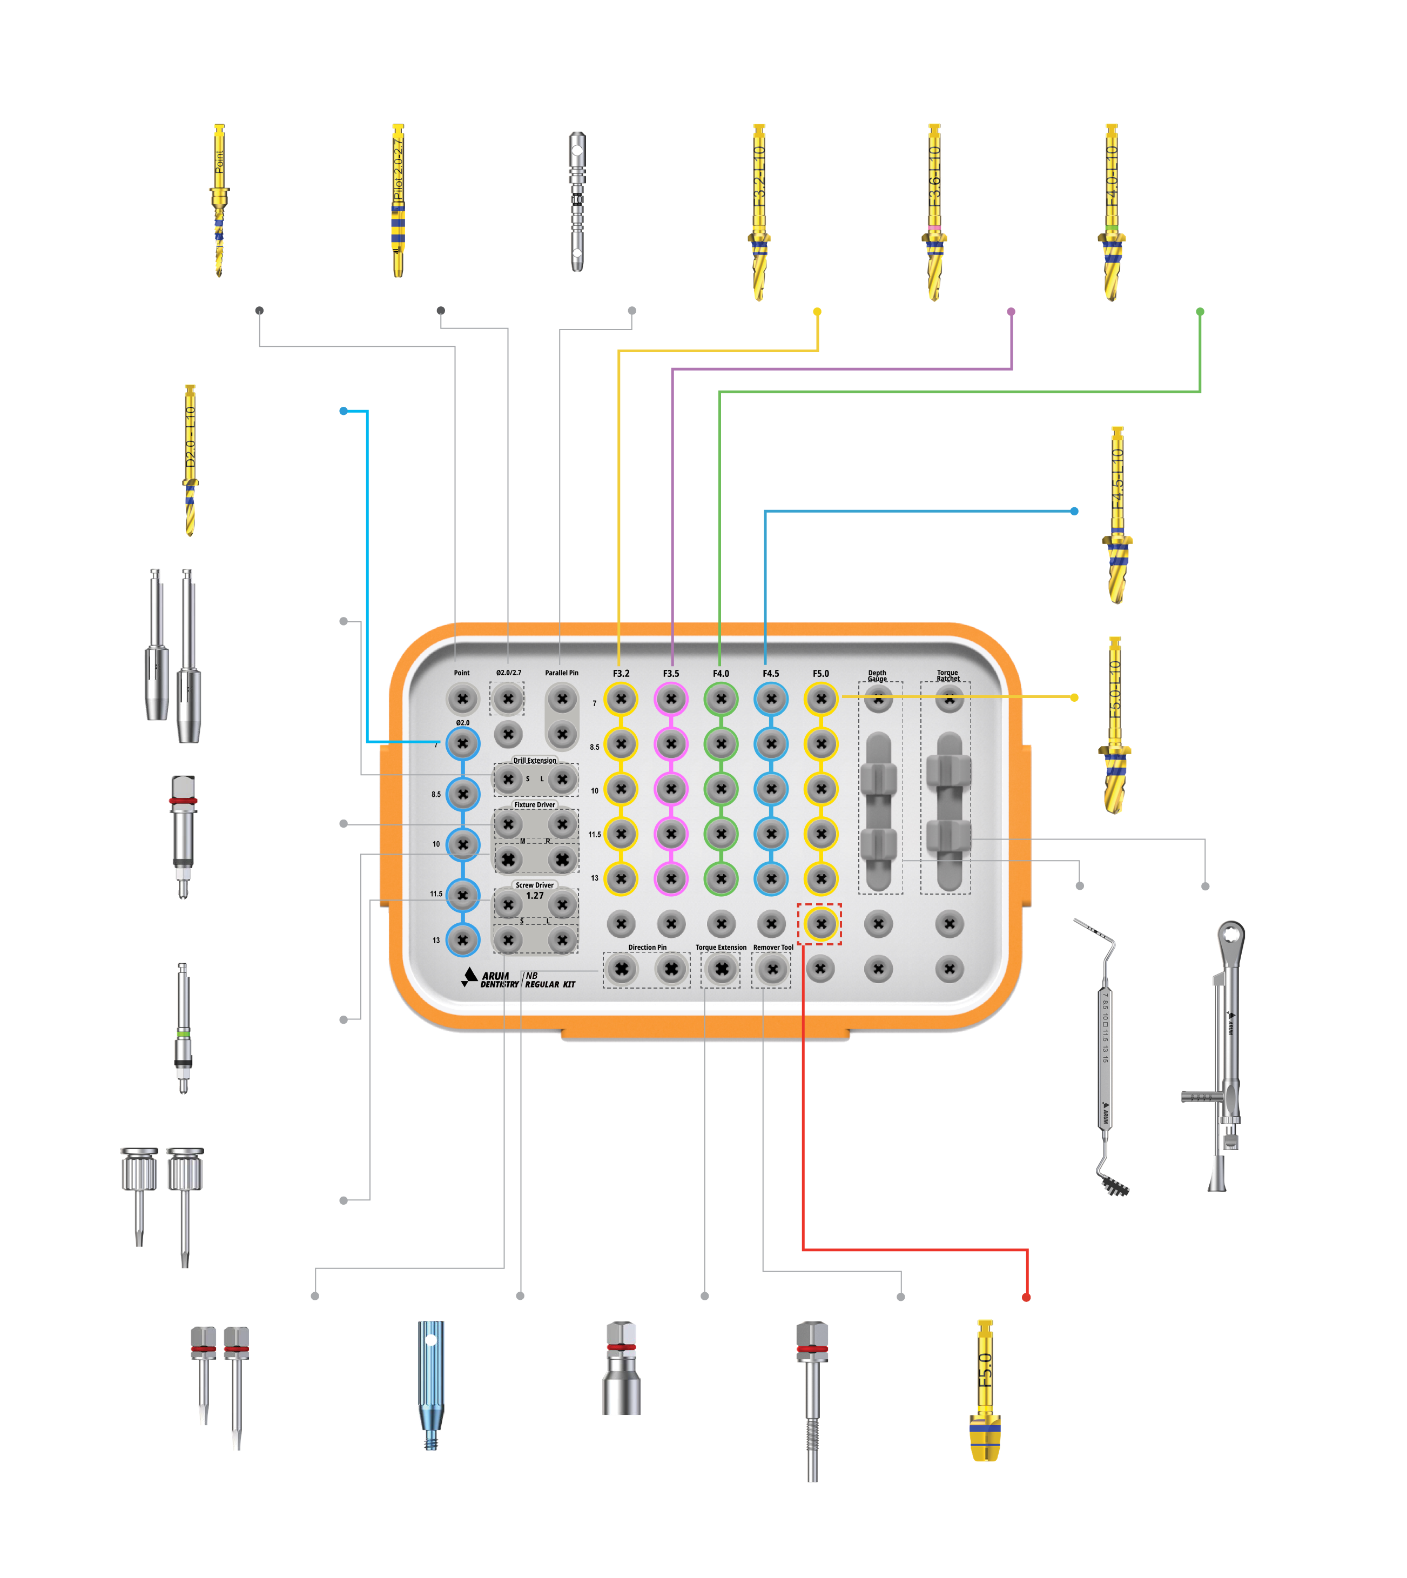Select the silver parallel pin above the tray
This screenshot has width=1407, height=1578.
click(577, 201)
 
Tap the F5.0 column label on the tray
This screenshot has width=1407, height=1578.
click(820, 674)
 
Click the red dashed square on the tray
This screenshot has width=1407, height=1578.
click(820, 923)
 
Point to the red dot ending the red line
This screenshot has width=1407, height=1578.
click(1026, 1297)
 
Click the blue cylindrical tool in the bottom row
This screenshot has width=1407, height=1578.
click(430, 1384)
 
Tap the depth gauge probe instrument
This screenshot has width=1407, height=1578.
click(1106, 1059)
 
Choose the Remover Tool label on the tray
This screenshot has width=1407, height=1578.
click(773, 947)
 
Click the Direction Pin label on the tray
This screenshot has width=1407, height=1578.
click(647, 947)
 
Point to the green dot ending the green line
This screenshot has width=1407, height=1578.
click(1200, 312)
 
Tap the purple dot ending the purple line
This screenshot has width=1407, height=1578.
click(1011, 312)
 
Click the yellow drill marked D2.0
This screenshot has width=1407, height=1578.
click(190, 460)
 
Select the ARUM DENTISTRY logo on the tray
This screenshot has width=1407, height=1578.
click(491, 979)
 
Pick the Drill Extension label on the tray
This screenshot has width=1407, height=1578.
click(534, 760)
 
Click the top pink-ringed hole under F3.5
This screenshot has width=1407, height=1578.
click(671, 699)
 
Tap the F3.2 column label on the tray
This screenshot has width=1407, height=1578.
click(621, 674)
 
